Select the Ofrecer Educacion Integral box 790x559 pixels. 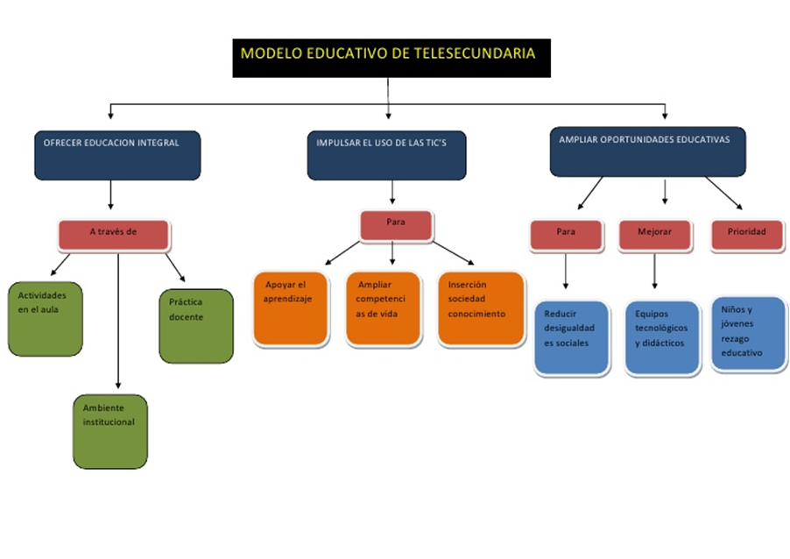tap(117, 154)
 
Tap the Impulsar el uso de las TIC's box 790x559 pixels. tap(386, 155)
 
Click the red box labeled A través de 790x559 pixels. tap(114, 234)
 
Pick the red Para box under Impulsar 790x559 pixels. tap(396, 225)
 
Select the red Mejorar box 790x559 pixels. tap(656, 235)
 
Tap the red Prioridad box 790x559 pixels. tap(746, 235)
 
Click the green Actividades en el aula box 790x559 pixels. tap(45, 318)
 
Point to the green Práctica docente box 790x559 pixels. tap(196, 325)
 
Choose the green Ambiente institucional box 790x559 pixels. tap(109, 431)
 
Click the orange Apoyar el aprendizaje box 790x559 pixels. tap(291, 308)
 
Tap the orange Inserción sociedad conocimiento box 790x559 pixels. tap(481, 308)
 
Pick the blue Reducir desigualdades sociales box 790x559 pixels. tap(571, 337)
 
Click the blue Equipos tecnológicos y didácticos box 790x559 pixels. tap(663, 338)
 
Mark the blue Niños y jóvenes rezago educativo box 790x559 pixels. tap(748, 334)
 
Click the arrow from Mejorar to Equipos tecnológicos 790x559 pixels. tap(655, 272)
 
